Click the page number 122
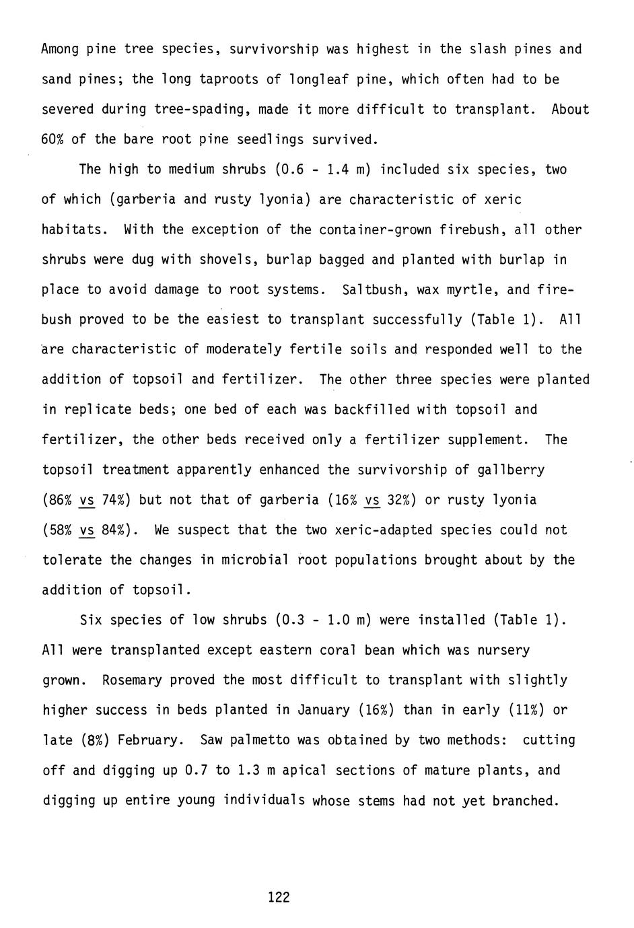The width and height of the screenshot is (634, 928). click(279, 896)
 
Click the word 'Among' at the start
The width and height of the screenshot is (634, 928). click(61, 49)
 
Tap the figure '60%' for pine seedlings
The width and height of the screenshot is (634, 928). click(52, 139)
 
